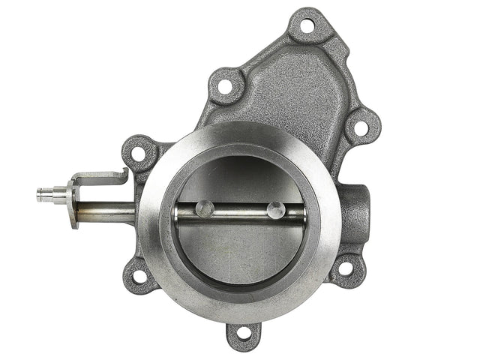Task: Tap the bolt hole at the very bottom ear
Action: click(x=243, y=335)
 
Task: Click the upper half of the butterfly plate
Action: click(x=240, y=176)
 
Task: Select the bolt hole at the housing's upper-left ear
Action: click(x=224, y=85)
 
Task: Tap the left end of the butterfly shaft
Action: click(x=177, y=214)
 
